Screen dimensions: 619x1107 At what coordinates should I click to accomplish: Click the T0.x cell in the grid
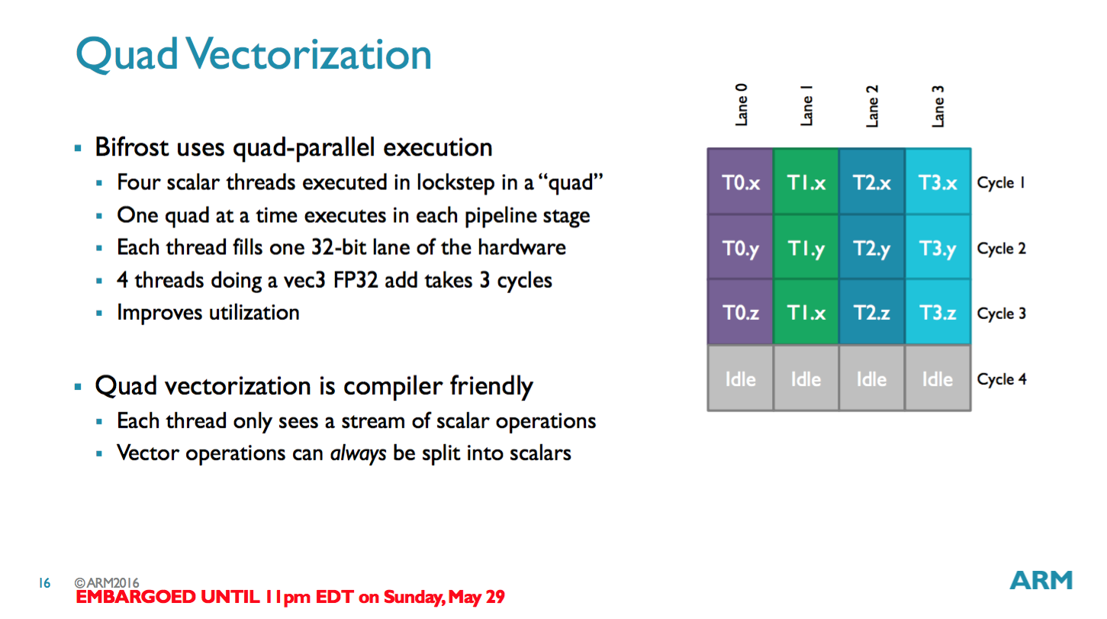(740, 182)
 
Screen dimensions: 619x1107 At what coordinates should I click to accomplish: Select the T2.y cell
(871, 248)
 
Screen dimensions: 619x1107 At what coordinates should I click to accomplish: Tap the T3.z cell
(938, 313)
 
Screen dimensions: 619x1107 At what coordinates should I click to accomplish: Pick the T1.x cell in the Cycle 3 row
(806, 313)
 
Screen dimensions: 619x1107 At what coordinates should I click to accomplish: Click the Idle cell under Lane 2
(871, 379)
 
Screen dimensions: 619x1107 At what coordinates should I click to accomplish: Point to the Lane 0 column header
(741, 105)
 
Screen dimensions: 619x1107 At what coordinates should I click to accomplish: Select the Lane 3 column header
(938, 105)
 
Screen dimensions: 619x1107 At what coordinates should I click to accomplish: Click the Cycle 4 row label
(1001, 379)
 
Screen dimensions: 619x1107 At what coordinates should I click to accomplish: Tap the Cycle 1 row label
(1001, 183)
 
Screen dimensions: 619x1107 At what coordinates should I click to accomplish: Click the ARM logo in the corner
(1041, 581)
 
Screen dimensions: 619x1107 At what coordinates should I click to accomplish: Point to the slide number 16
(44, 584)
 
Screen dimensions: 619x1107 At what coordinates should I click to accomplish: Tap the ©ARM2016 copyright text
(107, 583)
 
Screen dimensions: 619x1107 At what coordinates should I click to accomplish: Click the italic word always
(358, 453)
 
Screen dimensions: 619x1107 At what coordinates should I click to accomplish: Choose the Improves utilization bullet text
(208, 313)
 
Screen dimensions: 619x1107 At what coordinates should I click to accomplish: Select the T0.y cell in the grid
(740, 248)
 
